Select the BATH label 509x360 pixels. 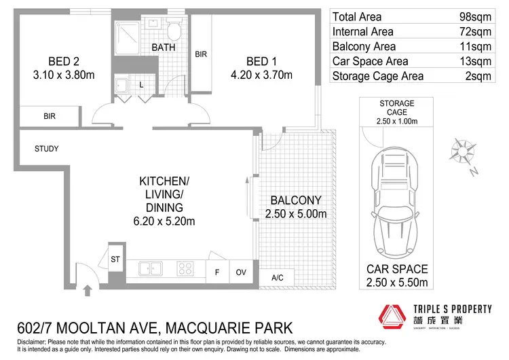click(164, 48)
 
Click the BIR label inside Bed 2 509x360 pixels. click(50, 116)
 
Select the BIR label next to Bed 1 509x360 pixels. click(201, 54)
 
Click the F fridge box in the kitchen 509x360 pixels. click(216, 272)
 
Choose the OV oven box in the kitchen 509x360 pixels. click(241, 272)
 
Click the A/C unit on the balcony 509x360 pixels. click(277, 276)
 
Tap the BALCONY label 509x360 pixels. click(295, 201)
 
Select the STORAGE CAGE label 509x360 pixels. click(397, 107)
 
